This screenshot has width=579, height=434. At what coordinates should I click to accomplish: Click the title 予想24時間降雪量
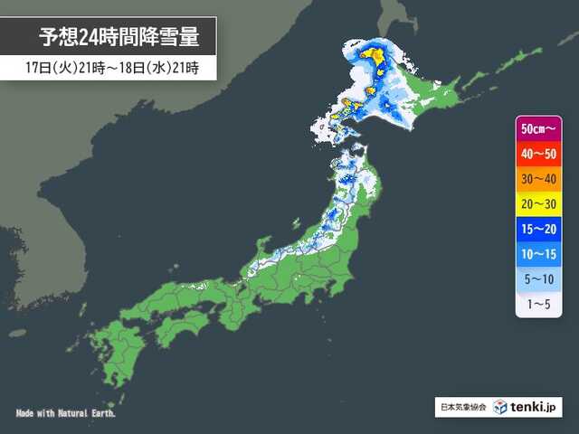[x=118, y=38]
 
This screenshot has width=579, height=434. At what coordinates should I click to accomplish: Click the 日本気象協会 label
[x=463, y=409]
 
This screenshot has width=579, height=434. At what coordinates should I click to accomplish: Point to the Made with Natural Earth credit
[x=66, y=412]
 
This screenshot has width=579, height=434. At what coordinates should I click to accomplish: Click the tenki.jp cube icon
[x=500, y=408]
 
